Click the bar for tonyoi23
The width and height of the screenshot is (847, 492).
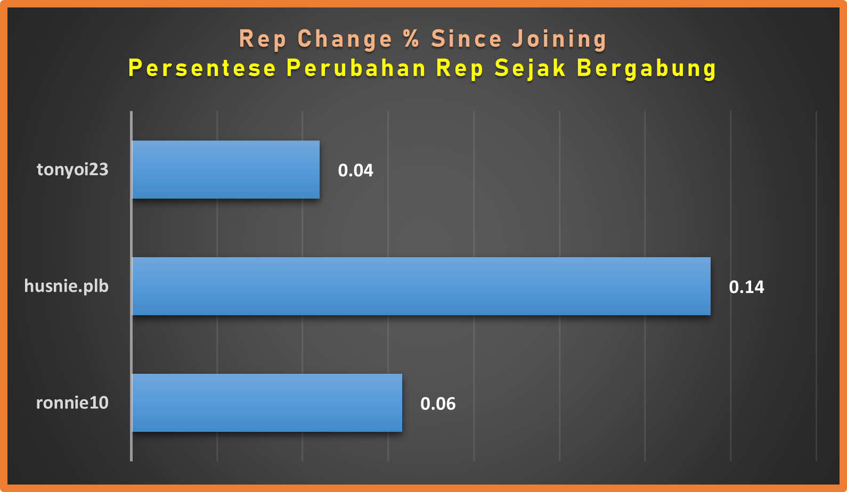(226, 170)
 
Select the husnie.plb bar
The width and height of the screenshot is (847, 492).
(421, 286)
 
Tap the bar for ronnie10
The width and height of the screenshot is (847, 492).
(267, 403)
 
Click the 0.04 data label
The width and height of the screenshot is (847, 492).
(355, 170)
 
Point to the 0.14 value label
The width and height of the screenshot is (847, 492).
(746, 287)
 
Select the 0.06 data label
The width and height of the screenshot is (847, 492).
(438, 404)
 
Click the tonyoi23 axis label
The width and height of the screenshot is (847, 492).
(72, 170)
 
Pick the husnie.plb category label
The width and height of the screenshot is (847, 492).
(67, 286)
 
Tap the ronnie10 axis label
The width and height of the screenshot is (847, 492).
(72, 403)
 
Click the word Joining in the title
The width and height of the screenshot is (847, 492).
(559, 40)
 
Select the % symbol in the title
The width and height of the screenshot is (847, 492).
(412, 38)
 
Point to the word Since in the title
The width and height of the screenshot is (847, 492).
(466, 38)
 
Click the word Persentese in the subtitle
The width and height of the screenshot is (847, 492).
(202, 68)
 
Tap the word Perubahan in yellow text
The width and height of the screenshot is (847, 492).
(356, 68)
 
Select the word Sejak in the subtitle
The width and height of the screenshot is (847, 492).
(530, 69)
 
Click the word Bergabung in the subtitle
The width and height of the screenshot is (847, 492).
(647, 69)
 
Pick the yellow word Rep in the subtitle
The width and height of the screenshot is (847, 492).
(460, 69)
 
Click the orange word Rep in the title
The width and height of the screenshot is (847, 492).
(263, 40)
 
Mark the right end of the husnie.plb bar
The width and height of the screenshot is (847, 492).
(711, 286)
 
